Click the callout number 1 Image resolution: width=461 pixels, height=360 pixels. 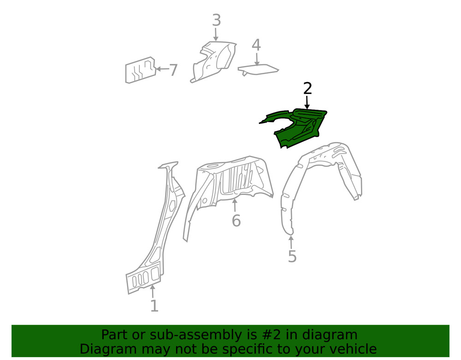pyautogui.click(x=154, y=306)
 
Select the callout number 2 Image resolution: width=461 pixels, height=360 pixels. pyautogui.click(x=307, y=89)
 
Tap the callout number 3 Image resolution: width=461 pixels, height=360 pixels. pyautogui.click(x=216, y=20)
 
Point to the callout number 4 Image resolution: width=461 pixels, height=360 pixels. pyautogui.click(x=256, y=45)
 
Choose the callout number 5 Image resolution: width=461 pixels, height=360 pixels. pyautogui.click(x=292, y=256)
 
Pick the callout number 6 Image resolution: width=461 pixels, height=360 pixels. pyautogui.click(x=236, y=220)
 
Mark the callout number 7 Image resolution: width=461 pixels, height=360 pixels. pyautogui.click(x=173, y=70)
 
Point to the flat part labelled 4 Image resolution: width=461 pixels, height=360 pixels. pyautogui.click(x=258, y=69)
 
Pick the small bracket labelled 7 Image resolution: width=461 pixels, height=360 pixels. pyautogui.click(x=141, y=70)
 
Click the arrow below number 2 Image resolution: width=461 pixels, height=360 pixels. pyautogui.click(x=307, y=102)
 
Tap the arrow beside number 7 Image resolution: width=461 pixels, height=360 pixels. pyautogui.click(x=162, y=69)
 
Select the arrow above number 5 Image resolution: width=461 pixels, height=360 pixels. pyautogui.click(x=291, y=242)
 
